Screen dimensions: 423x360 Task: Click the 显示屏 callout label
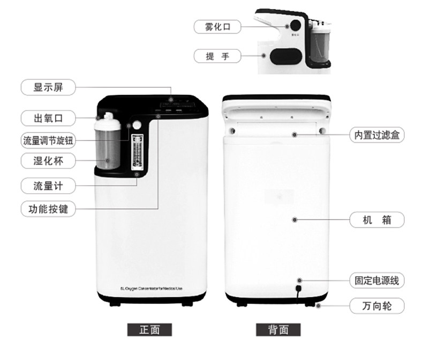coord(48,87)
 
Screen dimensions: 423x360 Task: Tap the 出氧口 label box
coord(48,117)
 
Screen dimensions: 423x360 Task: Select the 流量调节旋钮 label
coord(48,141)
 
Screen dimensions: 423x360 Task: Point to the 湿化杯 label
coord(48,160)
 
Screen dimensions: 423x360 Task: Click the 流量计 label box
coord(48,186)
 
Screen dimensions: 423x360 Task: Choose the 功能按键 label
coord(48,208)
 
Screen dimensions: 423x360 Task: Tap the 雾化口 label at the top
coord(217,26)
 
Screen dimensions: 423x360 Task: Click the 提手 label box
coord(217,55)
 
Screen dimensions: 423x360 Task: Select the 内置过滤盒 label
coord(377,135)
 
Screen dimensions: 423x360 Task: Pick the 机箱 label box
coord(377,219)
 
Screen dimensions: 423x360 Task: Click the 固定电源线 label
coord(377,281)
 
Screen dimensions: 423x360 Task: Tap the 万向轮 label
coord(377,306)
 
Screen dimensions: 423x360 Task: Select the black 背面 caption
coord(279,329)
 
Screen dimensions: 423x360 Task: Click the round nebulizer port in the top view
coord(294,25)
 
